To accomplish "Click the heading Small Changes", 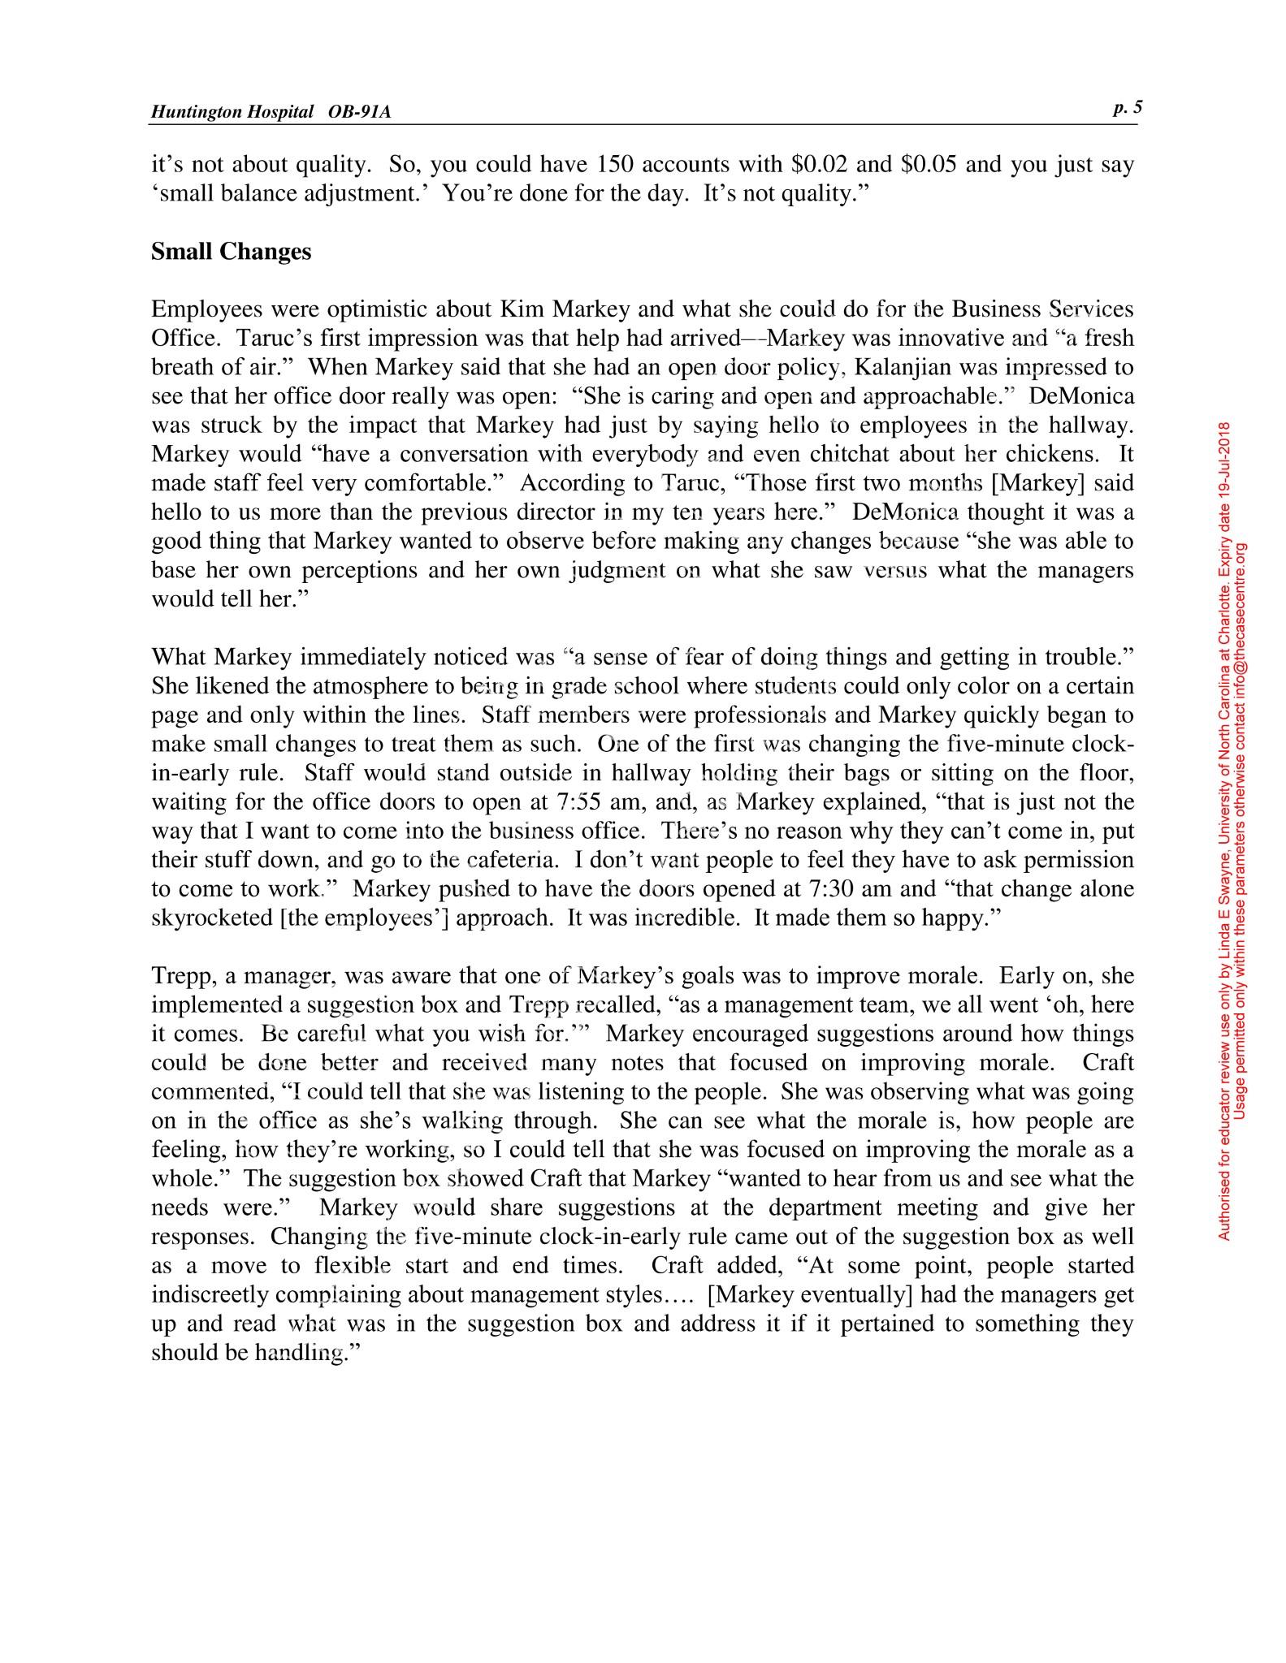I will [231, 252].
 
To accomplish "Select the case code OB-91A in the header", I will [360, 112].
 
